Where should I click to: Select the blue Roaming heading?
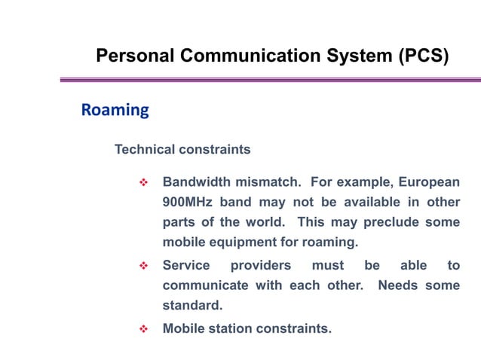click(115, 111)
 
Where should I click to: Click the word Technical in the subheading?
click(144, 150)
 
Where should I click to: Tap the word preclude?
click(391, 223)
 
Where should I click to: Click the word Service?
click(186, 265)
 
